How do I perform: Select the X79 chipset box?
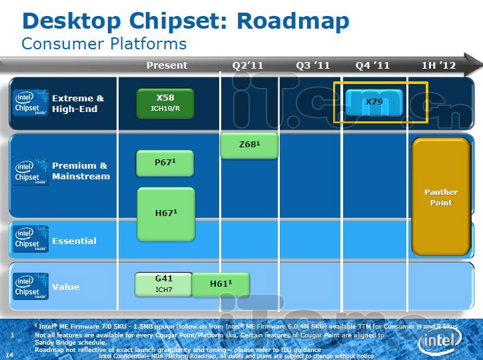coord(374,101)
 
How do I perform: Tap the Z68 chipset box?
coord(248,145)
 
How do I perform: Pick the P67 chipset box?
coord(165,162)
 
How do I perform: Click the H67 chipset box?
coord(165,213)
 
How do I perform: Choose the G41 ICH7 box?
coord(164,284)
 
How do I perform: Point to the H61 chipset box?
coord(221,284)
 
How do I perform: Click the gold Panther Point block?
coord(441,197)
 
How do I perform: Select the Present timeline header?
coord(167,65)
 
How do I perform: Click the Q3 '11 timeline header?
coord(312,65)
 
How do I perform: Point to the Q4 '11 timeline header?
coord(372,65)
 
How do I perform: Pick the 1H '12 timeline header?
coord(439,65)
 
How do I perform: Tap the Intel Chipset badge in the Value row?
coord(31,287)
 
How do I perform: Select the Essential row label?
coord(74,241)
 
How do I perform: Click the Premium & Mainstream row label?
coord(80,171)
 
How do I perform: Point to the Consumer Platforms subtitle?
coord(104,44)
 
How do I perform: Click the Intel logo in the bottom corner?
coord(439,342)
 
